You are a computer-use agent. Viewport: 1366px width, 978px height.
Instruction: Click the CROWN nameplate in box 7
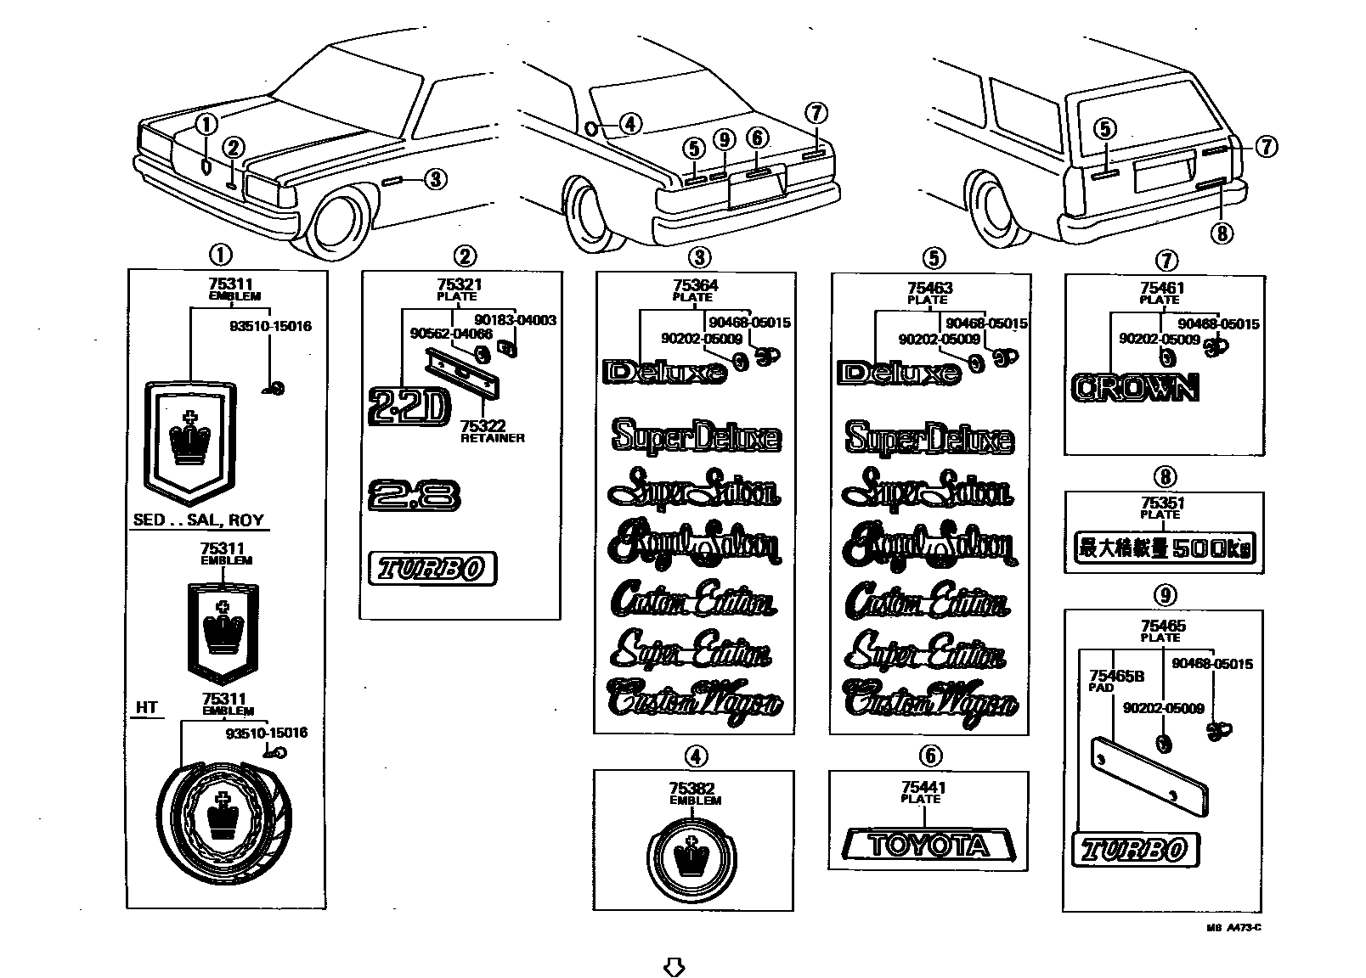coord(1135,388)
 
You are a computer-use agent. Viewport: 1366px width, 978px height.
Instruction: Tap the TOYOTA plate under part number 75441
coord(929,845)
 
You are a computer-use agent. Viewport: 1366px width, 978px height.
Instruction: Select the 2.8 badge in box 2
coord(415,495)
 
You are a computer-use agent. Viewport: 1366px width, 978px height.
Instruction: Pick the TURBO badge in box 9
coord(1135,849)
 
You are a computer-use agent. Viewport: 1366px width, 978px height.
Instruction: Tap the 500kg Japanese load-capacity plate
coord(1165,548)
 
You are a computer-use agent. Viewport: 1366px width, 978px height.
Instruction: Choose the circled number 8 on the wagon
coord(1222,232)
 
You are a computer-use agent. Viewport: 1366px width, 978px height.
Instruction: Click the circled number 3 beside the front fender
coord(434,179)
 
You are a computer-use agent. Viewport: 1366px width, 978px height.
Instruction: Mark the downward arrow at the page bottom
coord(674,966)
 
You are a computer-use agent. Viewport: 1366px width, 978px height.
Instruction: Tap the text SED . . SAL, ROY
coord(199,520)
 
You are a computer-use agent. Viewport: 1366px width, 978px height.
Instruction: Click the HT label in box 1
coord(147,706)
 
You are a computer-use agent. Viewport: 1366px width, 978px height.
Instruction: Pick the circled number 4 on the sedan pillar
coord(629,124)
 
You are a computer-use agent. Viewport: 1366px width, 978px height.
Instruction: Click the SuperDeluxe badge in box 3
coord(695,437)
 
